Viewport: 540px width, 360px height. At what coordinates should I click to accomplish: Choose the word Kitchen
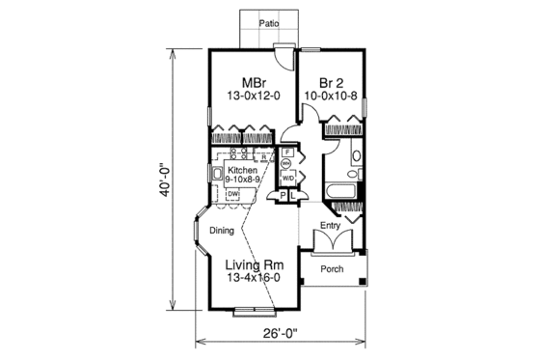242,169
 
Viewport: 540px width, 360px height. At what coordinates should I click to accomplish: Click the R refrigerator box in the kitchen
263,157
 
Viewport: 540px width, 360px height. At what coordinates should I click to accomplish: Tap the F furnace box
288,152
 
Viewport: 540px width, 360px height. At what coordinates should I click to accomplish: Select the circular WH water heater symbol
288,165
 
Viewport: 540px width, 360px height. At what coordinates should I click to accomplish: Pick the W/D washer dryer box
288,179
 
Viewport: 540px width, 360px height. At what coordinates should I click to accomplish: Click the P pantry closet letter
283,196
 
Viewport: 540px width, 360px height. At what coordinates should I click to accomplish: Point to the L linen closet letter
294,196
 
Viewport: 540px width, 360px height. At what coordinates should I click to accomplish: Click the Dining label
223,230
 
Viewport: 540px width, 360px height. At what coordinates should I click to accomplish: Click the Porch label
332,269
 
